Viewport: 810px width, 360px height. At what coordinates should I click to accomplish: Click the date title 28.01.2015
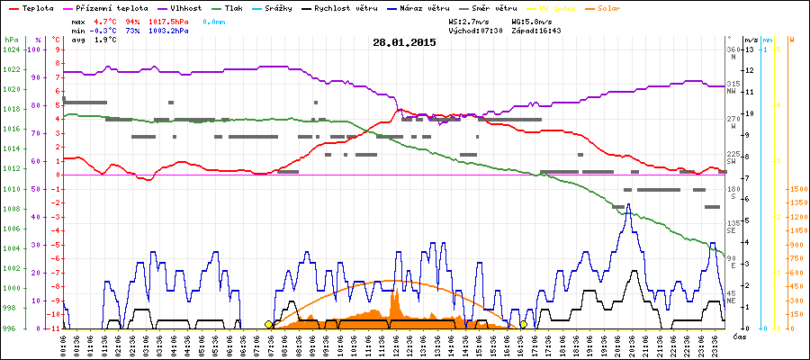click(404, 41)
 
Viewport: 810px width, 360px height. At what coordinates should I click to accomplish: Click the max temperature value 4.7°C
click(106, 20)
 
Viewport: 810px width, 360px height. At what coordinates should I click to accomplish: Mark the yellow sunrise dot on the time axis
click(268, 325)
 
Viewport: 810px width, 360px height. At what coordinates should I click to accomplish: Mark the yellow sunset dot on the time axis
click(523, 325)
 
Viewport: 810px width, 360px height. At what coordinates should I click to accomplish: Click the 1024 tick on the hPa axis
click(11, 49)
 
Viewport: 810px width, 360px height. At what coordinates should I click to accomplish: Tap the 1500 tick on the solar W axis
click(796, 189)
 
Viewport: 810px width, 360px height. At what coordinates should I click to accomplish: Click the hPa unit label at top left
click(11, 40)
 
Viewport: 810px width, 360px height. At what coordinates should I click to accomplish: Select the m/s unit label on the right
click(751, 40)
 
